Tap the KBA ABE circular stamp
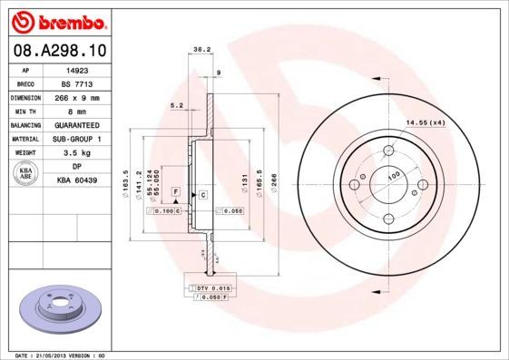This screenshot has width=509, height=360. click(x=25, y=173)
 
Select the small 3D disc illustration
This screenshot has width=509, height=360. click(x=56, y=308)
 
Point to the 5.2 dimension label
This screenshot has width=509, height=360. click(x=177, y=106)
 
